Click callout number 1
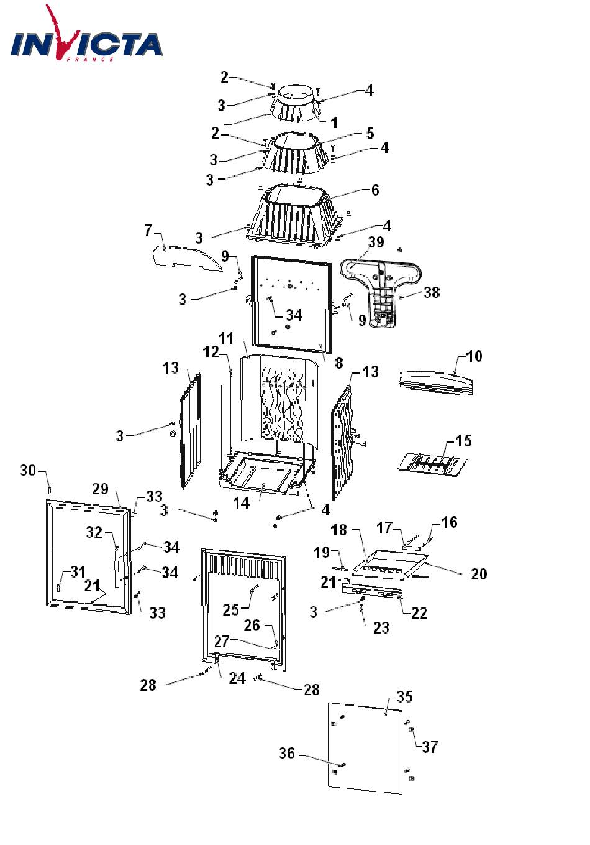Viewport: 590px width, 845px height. (334, 122)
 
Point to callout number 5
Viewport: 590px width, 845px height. (370, 133)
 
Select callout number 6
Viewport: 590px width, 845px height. (375, 190)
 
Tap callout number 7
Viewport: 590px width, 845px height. (148, 231)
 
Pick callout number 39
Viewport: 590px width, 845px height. (376, 241)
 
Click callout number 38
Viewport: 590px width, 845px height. (432, 292)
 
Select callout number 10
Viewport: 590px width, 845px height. (474, 356)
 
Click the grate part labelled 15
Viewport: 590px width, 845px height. (432, 463)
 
